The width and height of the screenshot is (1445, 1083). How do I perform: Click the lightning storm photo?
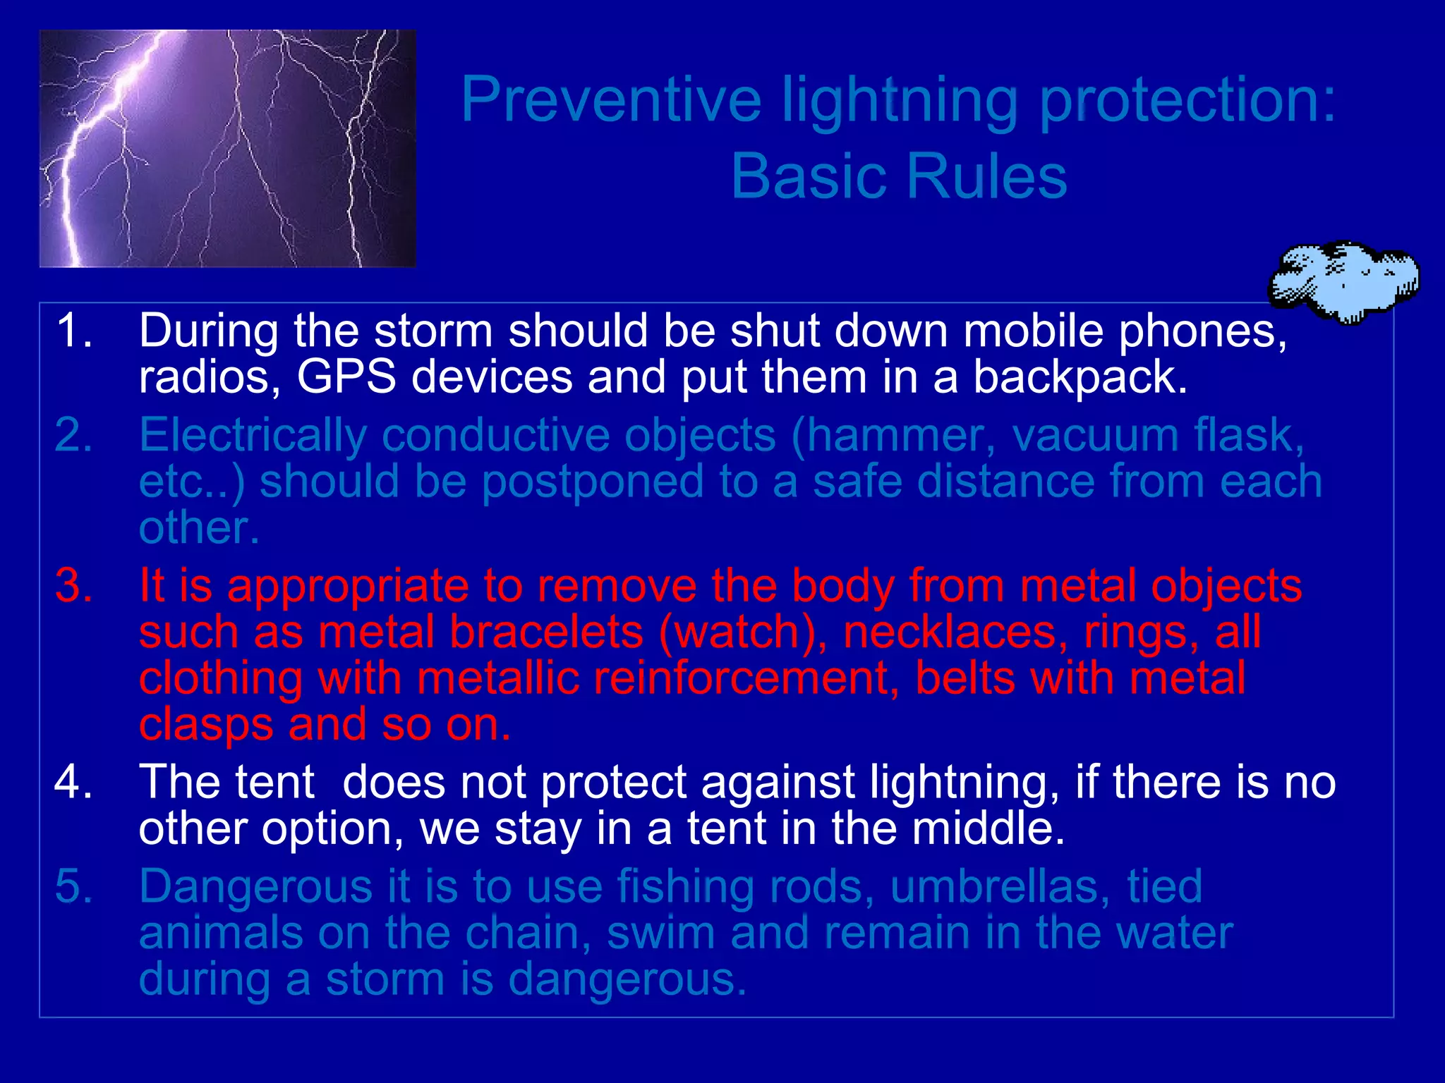coord(227,148)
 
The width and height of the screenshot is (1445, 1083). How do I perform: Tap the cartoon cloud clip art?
coord(1344,281)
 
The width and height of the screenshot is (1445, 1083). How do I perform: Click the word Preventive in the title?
coord(611,100)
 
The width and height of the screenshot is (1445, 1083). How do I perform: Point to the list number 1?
coord(73,330)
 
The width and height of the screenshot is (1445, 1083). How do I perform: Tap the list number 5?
coord(73,886)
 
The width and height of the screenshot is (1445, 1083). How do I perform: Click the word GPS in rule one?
coord(346,377)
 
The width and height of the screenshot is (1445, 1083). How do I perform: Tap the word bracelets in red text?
coord(546,632)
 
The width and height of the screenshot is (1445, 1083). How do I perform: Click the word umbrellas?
coord(994,886)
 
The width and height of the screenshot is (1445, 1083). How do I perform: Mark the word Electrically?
coord(253,435)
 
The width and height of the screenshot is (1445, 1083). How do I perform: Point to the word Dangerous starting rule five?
coord(255,886)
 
